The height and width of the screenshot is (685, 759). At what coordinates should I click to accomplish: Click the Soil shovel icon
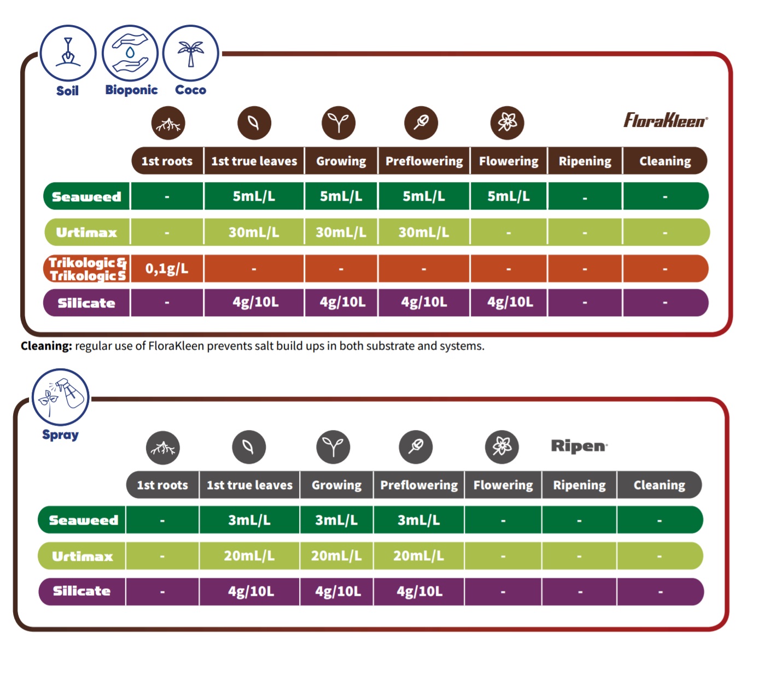point(68,53)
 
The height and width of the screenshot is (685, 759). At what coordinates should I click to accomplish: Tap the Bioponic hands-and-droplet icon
point(130,53)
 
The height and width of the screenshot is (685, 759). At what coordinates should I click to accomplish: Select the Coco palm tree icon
point(190,53)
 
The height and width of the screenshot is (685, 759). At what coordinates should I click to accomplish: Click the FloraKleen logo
point(665,120)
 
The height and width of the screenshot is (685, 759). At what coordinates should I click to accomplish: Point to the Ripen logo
point(579,446)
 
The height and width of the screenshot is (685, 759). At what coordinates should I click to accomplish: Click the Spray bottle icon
point(60,397)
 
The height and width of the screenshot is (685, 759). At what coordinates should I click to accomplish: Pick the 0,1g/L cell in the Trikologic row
point(167,269)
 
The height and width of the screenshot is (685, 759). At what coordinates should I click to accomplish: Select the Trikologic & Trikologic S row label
point(87,269)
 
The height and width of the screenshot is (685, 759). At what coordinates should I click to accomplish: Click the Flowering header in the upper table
point(509,161)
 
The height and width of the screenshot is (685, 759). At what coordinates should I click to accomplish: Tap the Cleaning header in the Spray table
point(659,485)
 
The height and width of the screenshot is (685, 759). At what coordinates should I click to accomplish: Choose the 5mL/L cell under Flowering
point(509,196)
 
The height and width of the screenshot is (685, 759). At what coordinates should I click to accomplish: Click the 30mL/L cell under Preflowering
point(424,233)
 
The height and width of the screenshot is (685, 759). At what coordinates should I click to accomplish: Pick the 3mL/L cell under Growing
point(336,520)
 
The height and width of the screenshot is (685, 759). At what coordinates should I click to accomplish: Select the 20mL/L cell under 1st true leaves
point(249,556)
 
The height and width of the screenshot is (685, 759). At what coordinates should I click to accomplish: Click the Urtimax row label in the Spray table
point(83,556)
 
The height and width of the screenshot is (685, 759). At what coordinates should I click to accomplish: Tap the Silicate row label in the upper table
point(86,303)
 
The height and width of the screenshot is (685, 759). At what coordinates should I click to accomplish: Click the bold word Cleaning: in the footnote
point(46,346)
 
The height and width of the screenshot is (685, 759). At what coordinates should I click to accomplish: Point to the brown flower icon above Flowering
point(507,122)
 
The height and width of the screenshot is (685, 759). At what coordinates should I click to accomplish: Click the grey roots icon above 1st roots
point(163,447)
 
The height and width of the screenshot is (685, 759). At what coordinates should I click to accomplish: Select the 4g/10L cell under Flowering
point(510,302)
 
